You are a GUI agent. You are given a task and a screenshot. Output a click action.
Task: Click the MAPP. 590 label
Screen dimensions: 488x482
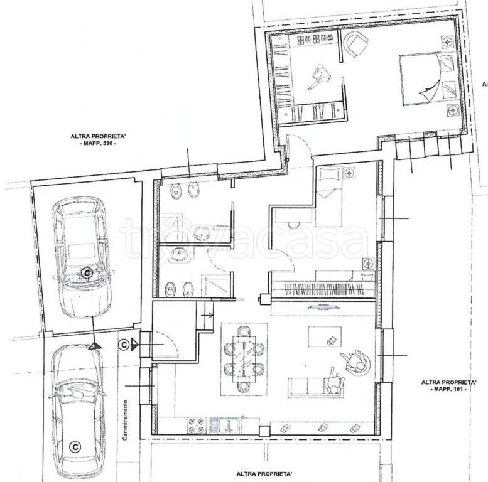pos(98,143)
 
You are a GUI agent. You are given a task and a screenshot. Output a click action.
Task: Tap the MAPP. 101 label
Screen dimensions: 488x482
pos(448,389)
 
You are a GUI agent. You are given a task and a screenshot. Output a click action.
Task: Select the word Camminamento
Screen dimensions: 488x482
pos(125,420)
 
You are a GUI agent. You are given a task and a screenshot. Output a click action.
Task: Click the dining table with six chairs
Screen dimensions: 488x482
pos(244,359)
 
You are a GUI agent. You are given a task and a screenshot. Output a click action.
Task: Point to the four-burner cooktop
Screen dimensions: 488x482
pos(197,425)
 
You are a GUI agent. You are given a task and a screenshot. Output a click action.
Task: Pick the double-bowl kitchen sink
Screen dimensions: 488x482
pos(225,425)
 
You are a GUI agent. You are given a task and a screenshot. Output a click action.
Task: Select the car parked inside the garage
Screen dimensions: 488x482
pos(82,257)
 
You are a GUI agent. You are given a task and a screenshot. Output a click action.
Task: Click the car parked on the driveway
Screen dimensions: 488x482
pos(77,414)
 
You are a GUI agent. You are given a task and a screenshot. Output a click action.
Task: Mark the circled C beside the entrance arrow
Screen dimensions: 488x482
pos(124,345)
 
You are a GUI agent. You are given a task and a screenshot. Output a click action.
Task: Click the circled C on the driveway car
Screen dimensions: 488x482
pos(75,447)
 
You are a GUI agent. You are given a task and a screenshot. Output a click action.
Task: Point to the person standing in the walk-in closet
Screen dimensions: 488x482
pos(320,77)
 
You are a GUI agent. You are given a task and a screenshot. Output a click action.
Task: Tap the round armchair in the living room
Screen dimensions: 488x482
pos(356,361)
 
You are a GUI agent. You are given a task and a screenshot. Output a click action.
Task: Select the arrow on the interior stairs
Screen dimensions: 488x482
pos(207,315)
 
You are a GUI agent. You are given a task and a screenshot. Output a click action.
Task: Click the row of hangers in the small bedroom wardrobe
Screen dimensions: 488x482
pos(324,289)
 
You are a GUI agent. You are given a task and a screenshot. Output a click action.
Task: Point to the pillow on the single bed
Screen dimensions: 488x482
pos(328,174)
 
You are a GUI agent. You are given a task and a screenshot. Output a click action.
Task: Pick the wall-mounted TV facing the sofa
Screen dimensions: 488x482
pos(323,308)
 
